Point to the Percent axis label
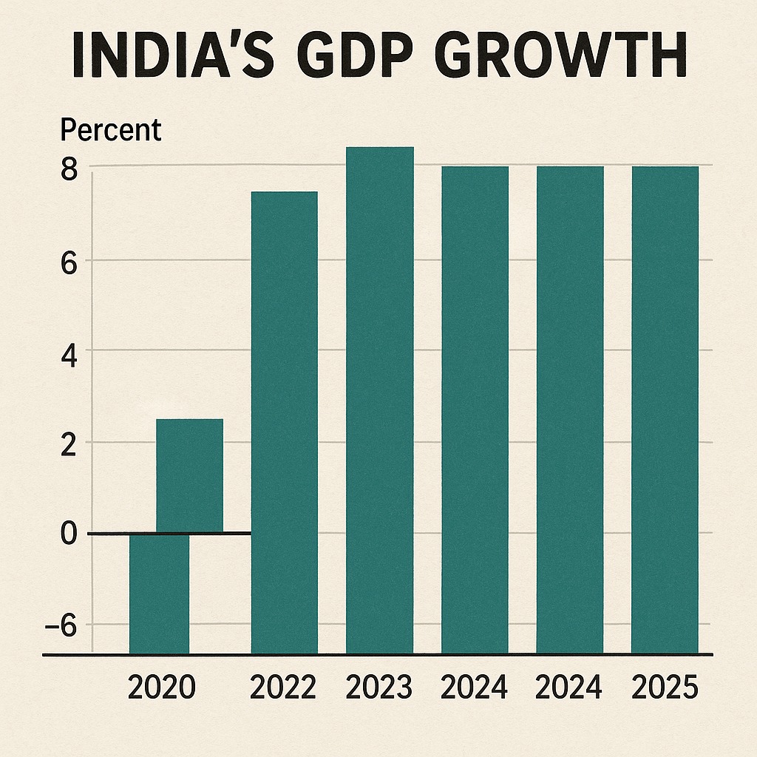[x=110, y=131]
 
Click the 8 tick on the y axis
[x=69, y=169]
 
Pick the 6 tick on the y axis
[x=69, y=263]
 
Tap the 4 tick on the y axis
[x=69, y=353]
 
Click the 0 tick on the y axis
[x=69, y=535]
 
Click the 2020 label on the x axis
[x=162, y=688]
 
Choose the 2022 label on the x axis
[x=283, y=688]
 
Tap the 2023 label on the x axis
[x=379, y=688]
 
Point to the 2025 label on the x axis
[x=665, y=688]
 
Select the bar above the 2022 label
[x=285, y=421]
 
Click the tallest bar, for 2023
[x=380, y=399]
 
